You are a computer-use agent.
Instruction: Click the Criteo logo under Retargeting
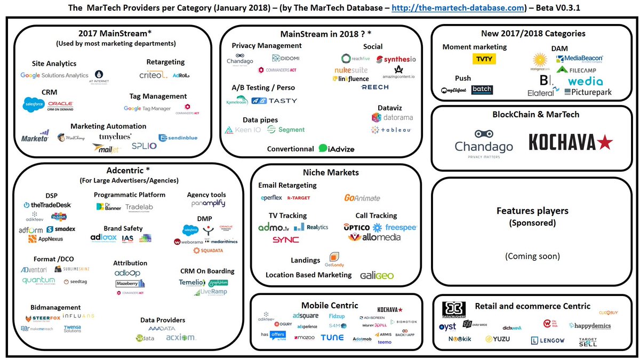pyautogui.click(x=153, y=75)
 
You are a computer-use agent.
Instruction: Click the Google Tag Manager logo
pyautogui.click(x=147, y=108)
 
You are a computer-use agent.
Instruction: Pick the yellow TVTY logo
pyautogui.click(x=484, y=59)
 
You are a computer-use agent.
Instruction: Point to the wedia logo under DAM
pyautogui.click(x=585, y=82)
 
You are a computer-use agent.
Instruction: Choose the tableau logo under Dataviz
pyautogui.click(x=392, y=130)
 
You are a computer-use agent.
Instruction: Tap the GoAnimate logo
pyautogui.click(x=362, y=198)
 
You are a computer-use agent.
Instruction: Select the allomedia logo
pyautogui.click(x=374, y=237)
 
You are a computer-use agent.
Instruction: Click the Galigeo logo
pyautogui.click(x=377, y=275)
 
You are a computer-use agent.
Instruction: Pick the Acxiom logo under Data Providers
pyautogui.click(x=180, y=337)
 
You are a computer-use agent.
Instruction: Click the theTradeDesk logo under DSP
pyautogui.click(x=47, y=205)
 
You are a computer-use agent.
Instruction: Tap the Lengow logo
pyautogui.click(x=549, y=340)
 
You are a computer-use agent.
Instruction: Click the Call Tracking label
pyautogui.click(x=376, y=215)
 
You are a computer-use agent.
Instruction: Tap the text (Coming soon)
pyautogui.click(x=532, y=256)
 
